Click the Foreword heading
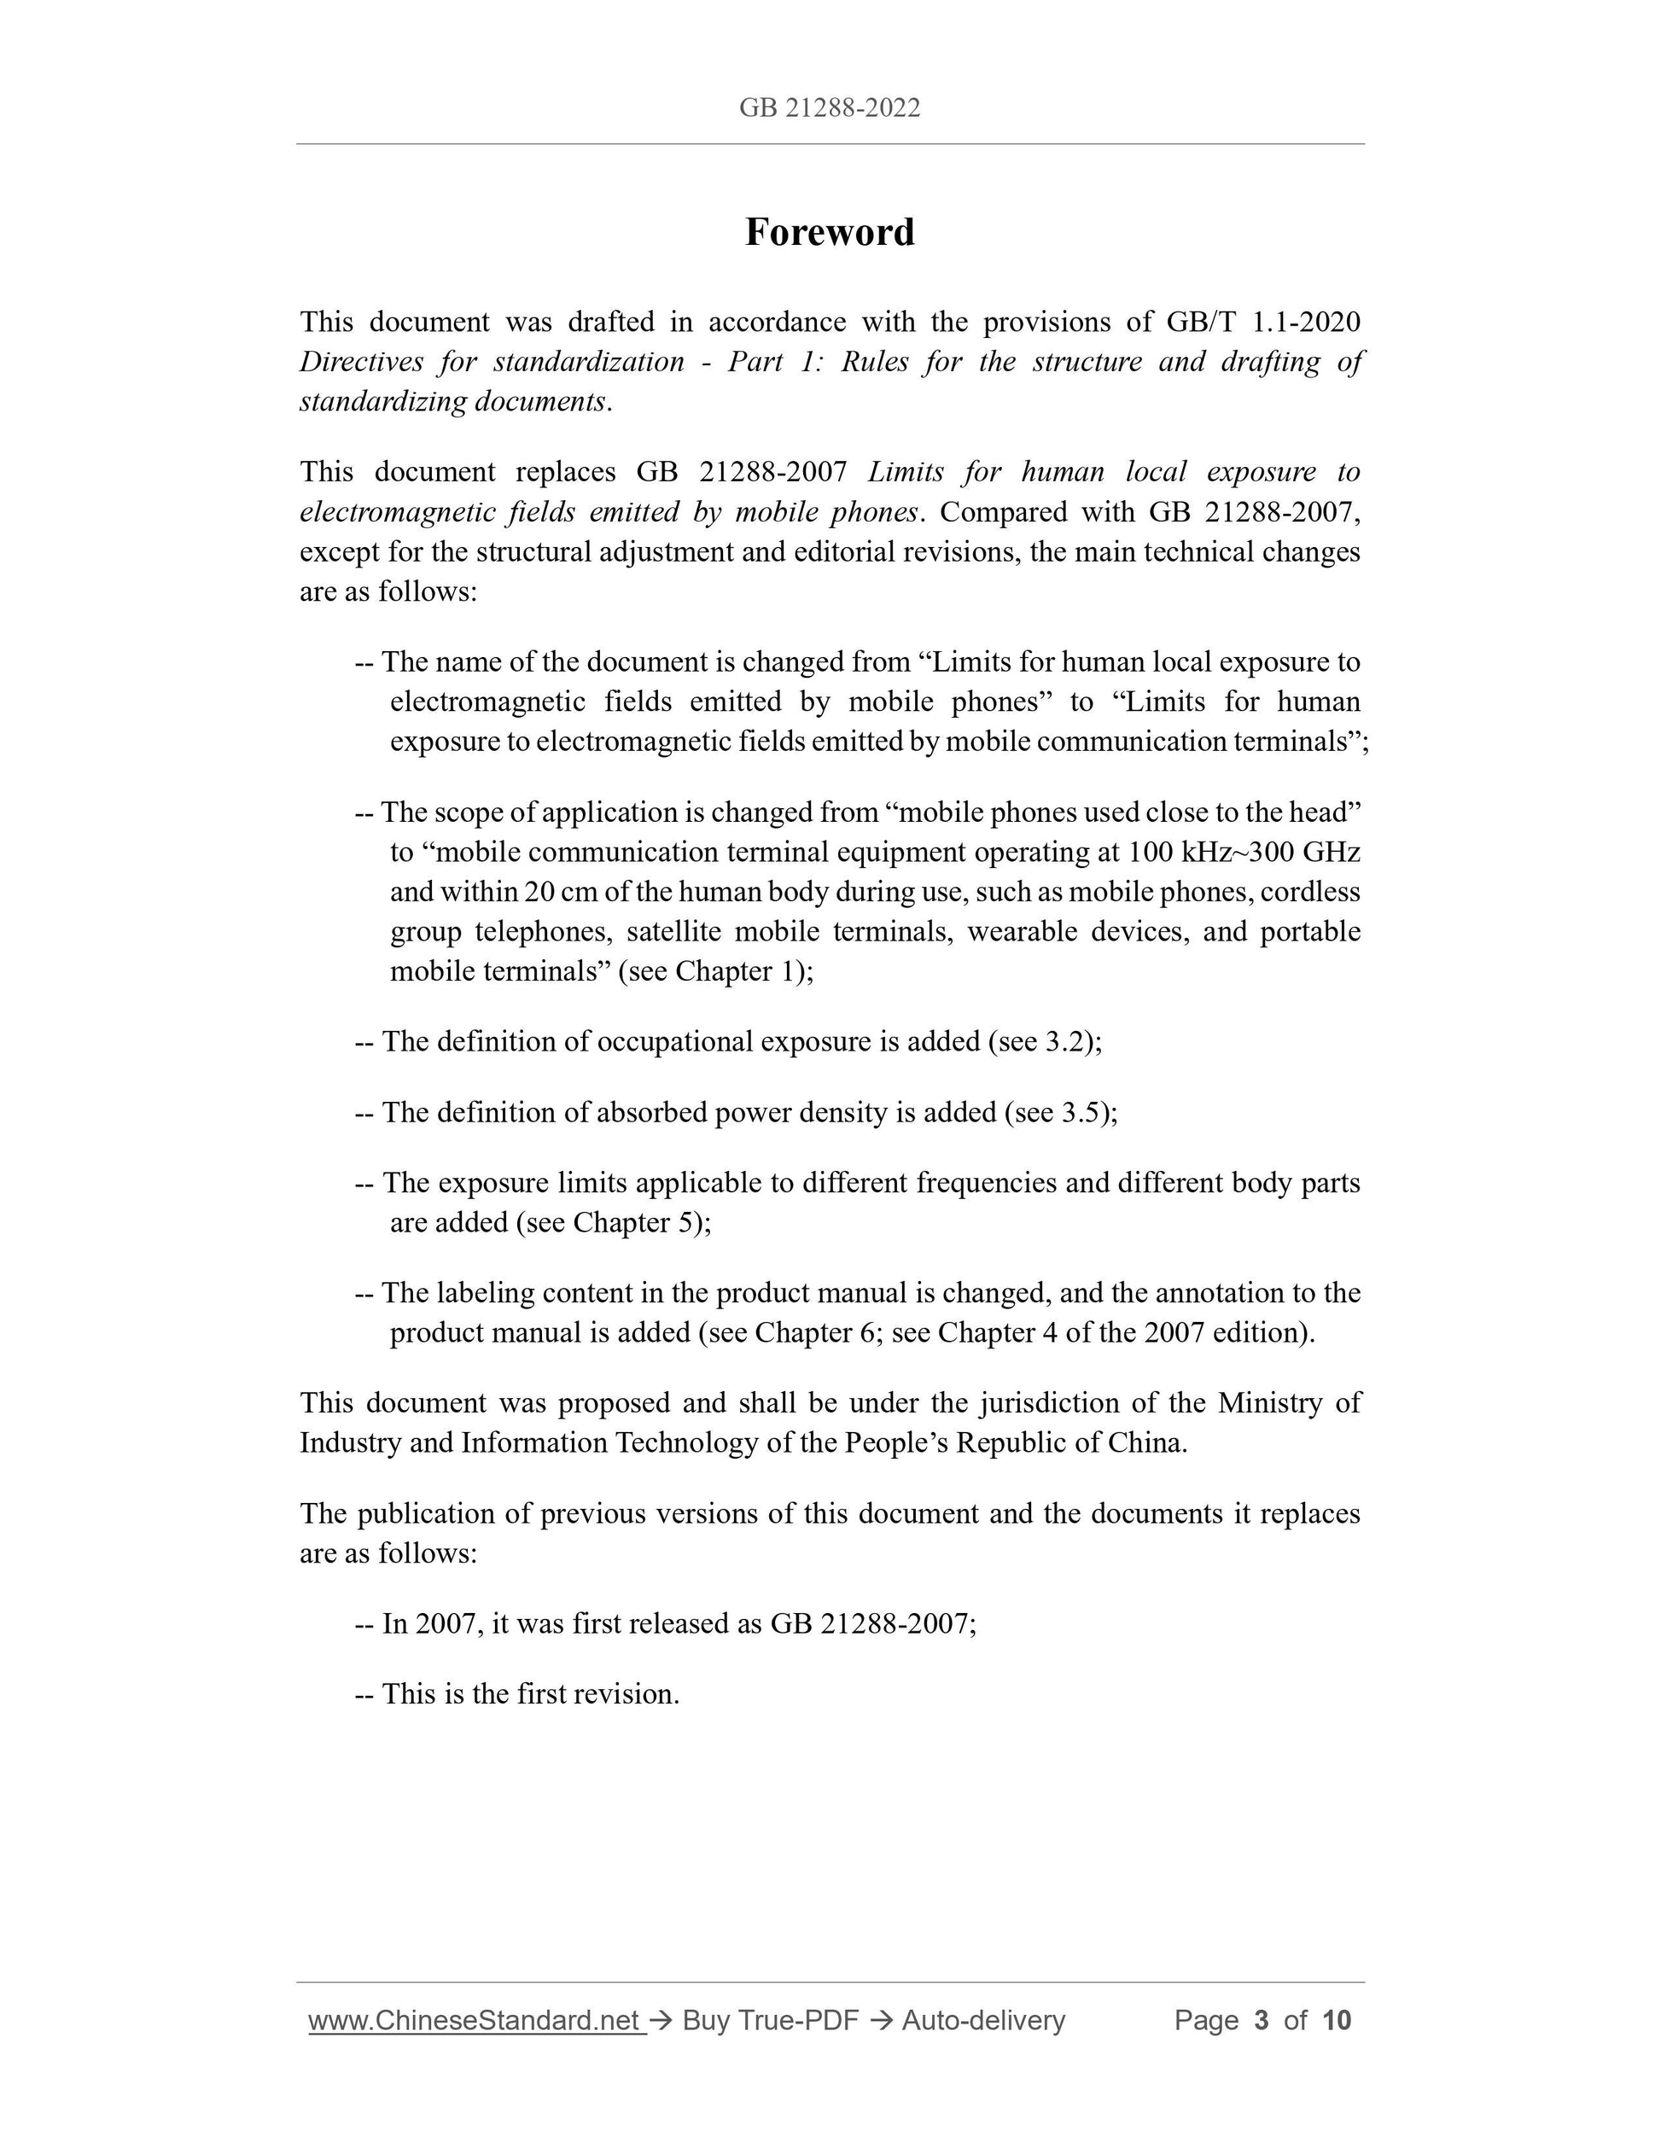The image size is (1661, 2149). click(830, 232)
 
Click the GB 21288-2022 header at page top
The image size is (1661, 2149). click(830, 108)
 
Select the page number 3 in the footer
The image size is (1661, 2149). click(1262, 2020)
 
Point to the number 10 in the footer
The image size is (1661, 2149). click(1337, 2020)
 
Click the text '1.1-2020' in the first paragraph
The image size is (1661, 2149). click(1307, 322)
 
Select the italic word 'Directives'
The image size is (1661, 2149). click(360, 362)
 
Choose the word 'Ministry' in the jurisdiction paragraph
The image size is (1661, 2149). click(1269, 1403)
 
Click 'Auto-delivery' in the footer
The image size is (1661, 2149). click(983, 2020)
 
